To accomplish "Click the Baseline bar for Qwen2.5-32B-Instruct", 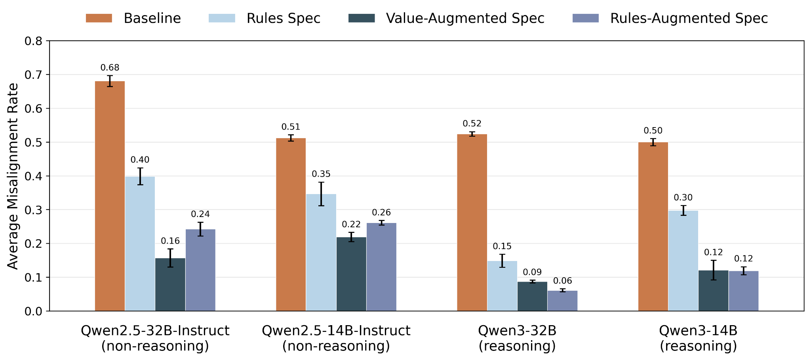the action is pos(110,196).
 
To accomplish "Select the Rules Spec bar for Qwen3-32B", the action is pos(502,286).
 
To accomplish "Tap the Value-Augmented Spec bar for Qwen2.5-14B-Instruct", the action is pos(351,274).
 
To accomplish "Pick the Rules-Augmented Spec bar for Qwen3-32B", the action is pos(563,301).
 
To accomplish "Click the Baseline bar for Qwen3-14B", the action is pos(653,227).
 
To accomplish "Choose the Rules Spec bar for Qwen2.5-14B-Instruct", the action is pos(321,252).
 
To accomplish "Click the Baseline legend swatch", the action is pos(99,18).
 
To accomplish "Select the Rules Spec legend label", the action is pos(284,19).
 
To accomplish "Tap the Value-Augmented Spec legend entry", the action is pos(446,19).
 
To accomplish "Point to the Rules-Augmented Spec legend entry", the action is pos(670,19).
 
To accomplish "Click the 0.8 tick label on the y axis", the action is pos(34,41).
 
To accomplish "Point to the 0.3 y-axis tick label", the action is pos(34,210).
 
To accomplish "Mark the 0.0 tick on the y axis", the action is pos(34,311).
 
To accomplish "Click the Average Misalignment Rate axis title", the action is pos(13,176).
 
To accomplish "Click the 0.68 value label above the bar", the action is pos(110,68).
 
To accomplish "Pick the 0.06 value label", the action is pos(563,281).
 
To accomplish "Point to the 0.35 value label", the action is pos(321,174).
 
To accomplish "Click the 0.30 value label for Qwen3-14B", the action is pos(683,198).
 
